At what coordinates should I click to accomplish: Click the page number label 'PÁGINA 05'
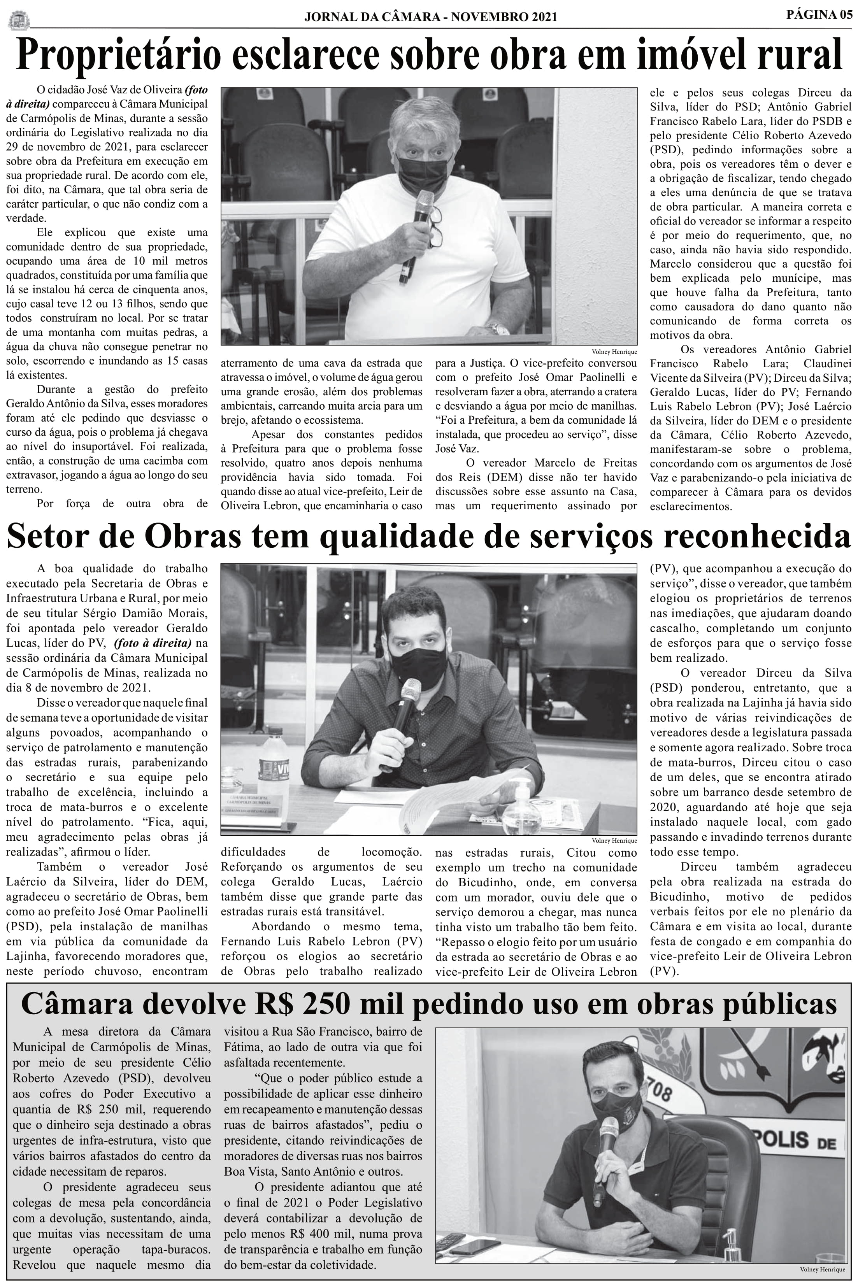pyautogui.click(x=819, y=14)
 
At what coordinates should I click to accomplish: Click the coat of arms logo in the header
pyautogui.click(x=19, y=20)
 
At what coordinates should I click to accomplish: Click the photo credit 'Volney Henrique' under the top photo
pyautogui.click(x=614, y=352)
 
